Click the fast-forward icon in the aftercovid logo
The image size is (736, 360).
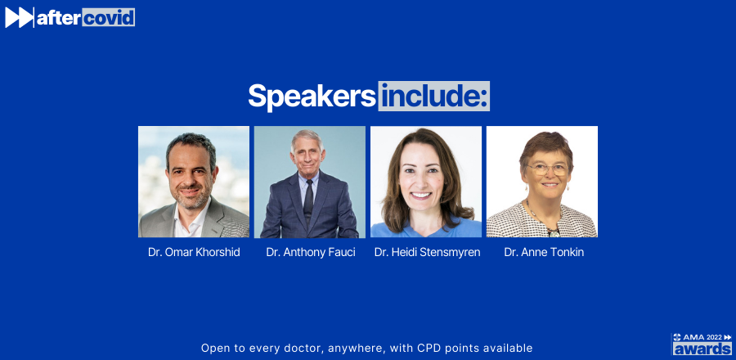click(x=20, y=17)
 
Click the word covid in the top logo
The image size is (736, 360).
click(x=109, y=17)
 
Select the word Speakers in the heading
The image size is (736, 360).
click(x=312, y=97)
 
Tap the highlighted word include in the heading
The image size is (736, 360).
click(x=433, y=96)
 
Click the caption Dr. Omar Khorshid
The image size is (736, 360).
click(x=194, y=253)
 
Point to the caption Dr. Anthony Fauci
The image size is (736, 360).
click(x=311, y=253)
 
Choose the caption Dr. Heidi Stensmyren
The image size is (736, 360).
click(x=427, y=253)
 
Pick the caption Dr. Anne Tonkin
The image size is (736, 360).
click(x=544, y=253)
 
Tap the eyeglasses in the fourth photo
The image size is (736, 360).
click(x=547, y=169)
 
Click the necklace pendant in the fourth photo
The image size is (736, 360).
click(x=554, y=232)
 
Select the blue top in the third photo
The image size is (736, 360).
click(x=426, y=227)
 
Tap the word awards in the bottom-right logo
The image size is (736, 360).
click(x=702, y=349)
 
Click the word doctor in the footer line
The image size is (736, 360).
click(x=303, y=349)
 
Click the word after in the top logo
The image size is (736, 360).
click(x=59, y=18)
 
